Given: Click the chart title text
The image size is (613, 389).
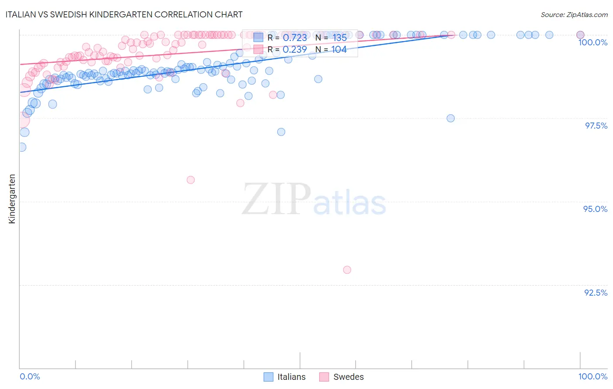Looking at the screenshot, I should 124,14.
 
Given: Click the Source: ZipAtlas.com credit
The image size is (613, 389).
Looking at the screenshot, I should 574,14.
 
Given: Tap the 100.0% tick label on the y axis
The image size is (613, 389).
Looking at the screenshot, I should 593,42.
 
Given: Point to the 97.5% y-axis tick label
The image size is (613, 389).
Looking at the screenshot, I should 596,126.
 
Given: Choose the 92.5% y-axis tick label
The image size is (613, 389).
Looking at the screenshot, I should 596,293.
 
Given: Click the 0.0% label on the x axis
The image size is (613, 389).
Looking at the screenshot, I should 30,376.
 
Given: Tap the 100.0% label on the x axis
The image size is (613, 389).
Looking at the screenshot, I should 593,376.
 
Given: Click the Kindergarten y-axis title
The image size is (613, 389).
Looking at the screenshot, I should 12,199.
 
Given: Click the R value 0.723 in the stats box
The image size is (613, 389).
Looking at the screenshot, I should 295,38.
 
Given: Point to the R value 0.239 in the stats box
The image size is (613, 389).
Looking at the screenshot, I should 295,50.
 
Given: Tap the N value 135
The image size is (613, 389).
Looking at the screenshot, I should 339,38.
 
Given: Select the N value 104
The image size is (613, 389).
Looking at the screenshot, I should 339,50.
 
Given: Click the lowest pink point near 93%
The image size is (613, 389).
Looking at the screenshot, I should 347,270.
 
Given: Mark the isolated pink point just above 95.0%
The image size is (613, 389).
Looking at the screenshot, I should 191,180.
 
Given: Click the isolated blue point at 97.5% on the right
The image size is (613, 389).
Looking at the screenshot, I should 451,118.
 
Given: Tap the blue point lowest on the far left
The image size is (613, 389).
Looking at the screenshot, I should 22,147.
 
